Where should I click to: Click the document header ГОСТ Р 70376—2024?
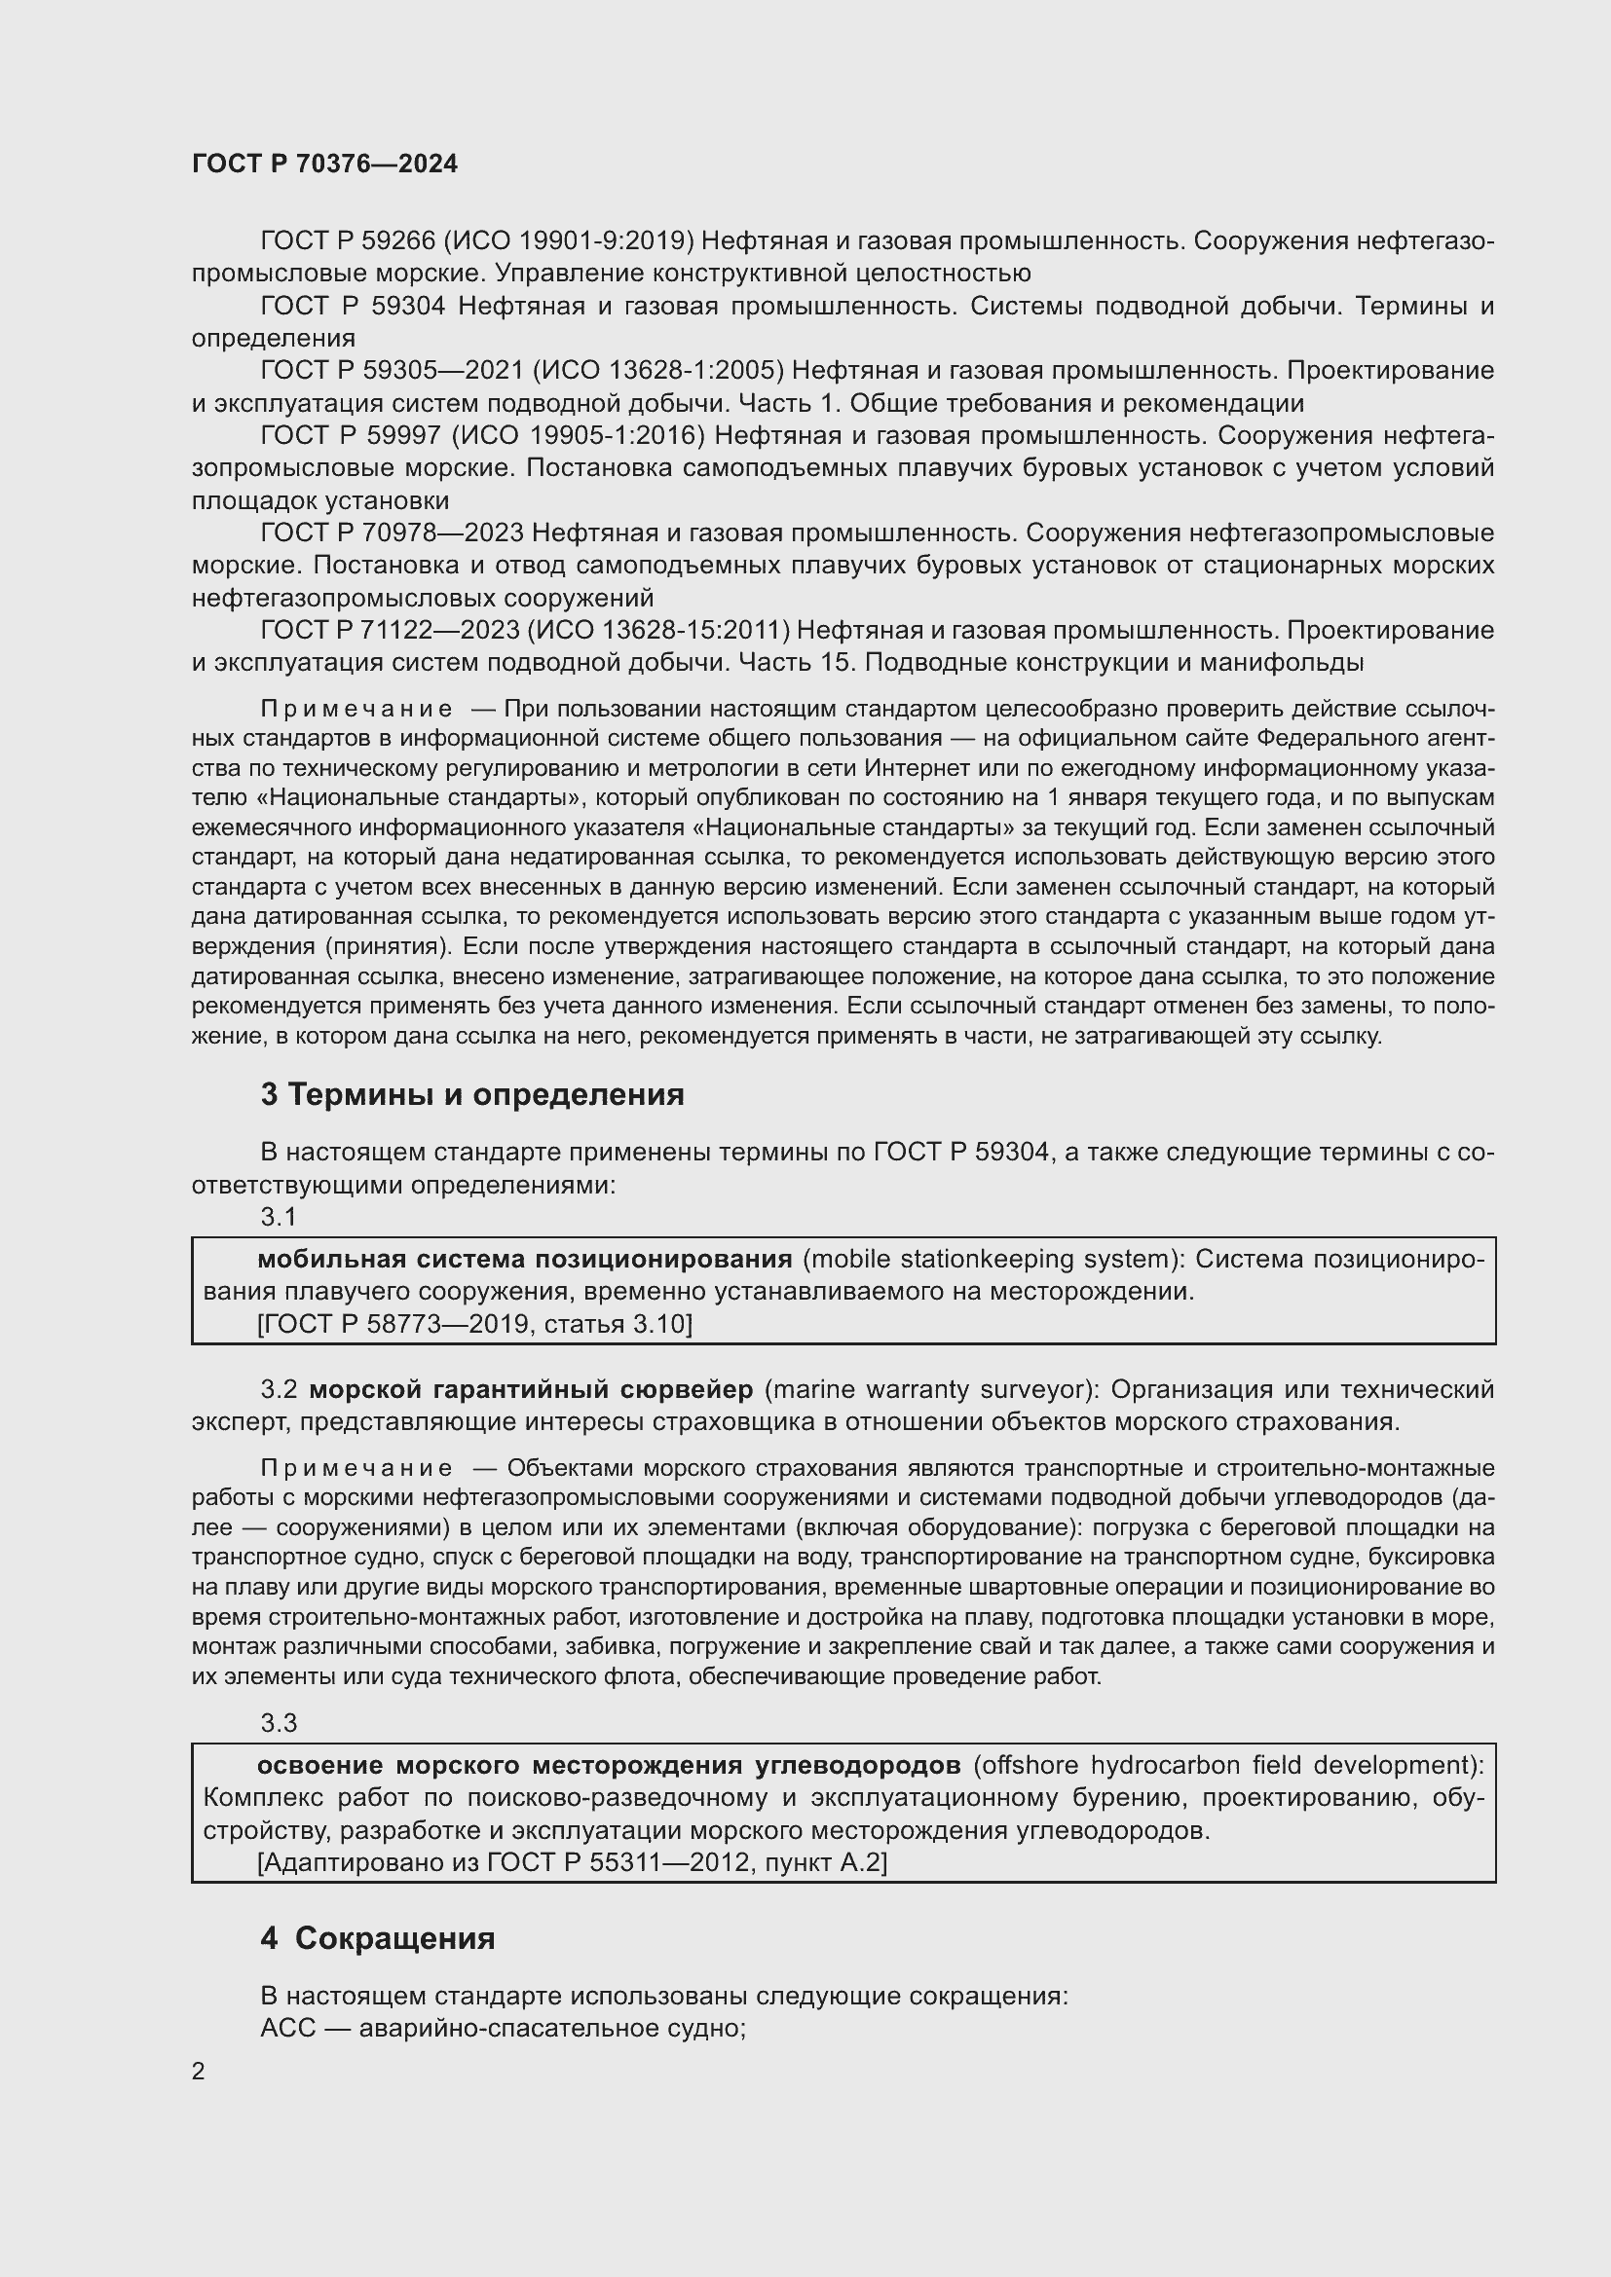tap(324, 165)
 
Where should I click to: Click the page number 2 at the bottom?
tap(199, 2072)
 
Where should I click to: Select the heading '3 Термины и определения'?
tap(472, 1095)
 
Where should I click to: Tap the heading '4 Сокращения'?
tap(378, 1938)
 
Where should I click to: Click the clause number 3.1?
tap(278, 1217)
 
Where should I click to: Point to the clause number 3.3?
tap(278, 1724)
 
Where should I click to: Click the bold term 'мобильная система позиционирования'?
tap(525, 1260)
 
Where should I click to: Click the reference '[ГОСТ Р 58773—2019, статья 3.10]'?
tap(474, 1324)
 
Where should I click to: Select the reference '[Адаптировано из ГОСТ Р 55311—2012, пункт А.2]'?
tap(572, 1862)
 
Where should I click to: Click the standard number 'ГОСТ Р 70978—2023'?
tap(392, 533)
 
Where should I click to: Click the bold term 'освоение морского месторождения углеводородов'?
tap(608, 1765)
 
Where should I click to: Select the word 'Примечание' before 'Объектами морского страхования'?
tap(356, 1468)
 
